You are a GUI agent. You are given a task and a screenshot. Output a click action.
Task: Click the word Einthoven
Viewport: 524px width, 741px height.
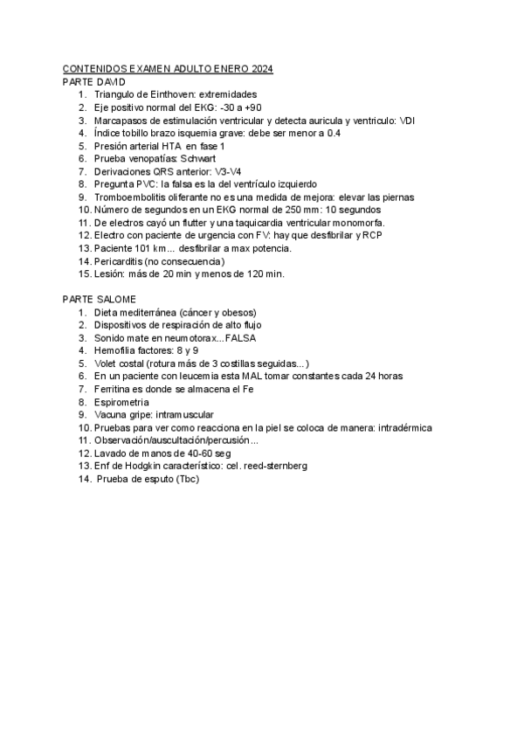[x=169, y=94]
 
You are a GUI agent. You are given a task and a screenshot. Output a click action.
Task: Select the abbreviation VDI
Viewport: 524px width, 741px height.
[x=407, y=121]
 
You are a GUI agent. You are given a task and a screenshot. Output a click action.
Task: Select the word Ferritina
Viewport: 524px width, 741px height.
[x=116, y=389]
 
